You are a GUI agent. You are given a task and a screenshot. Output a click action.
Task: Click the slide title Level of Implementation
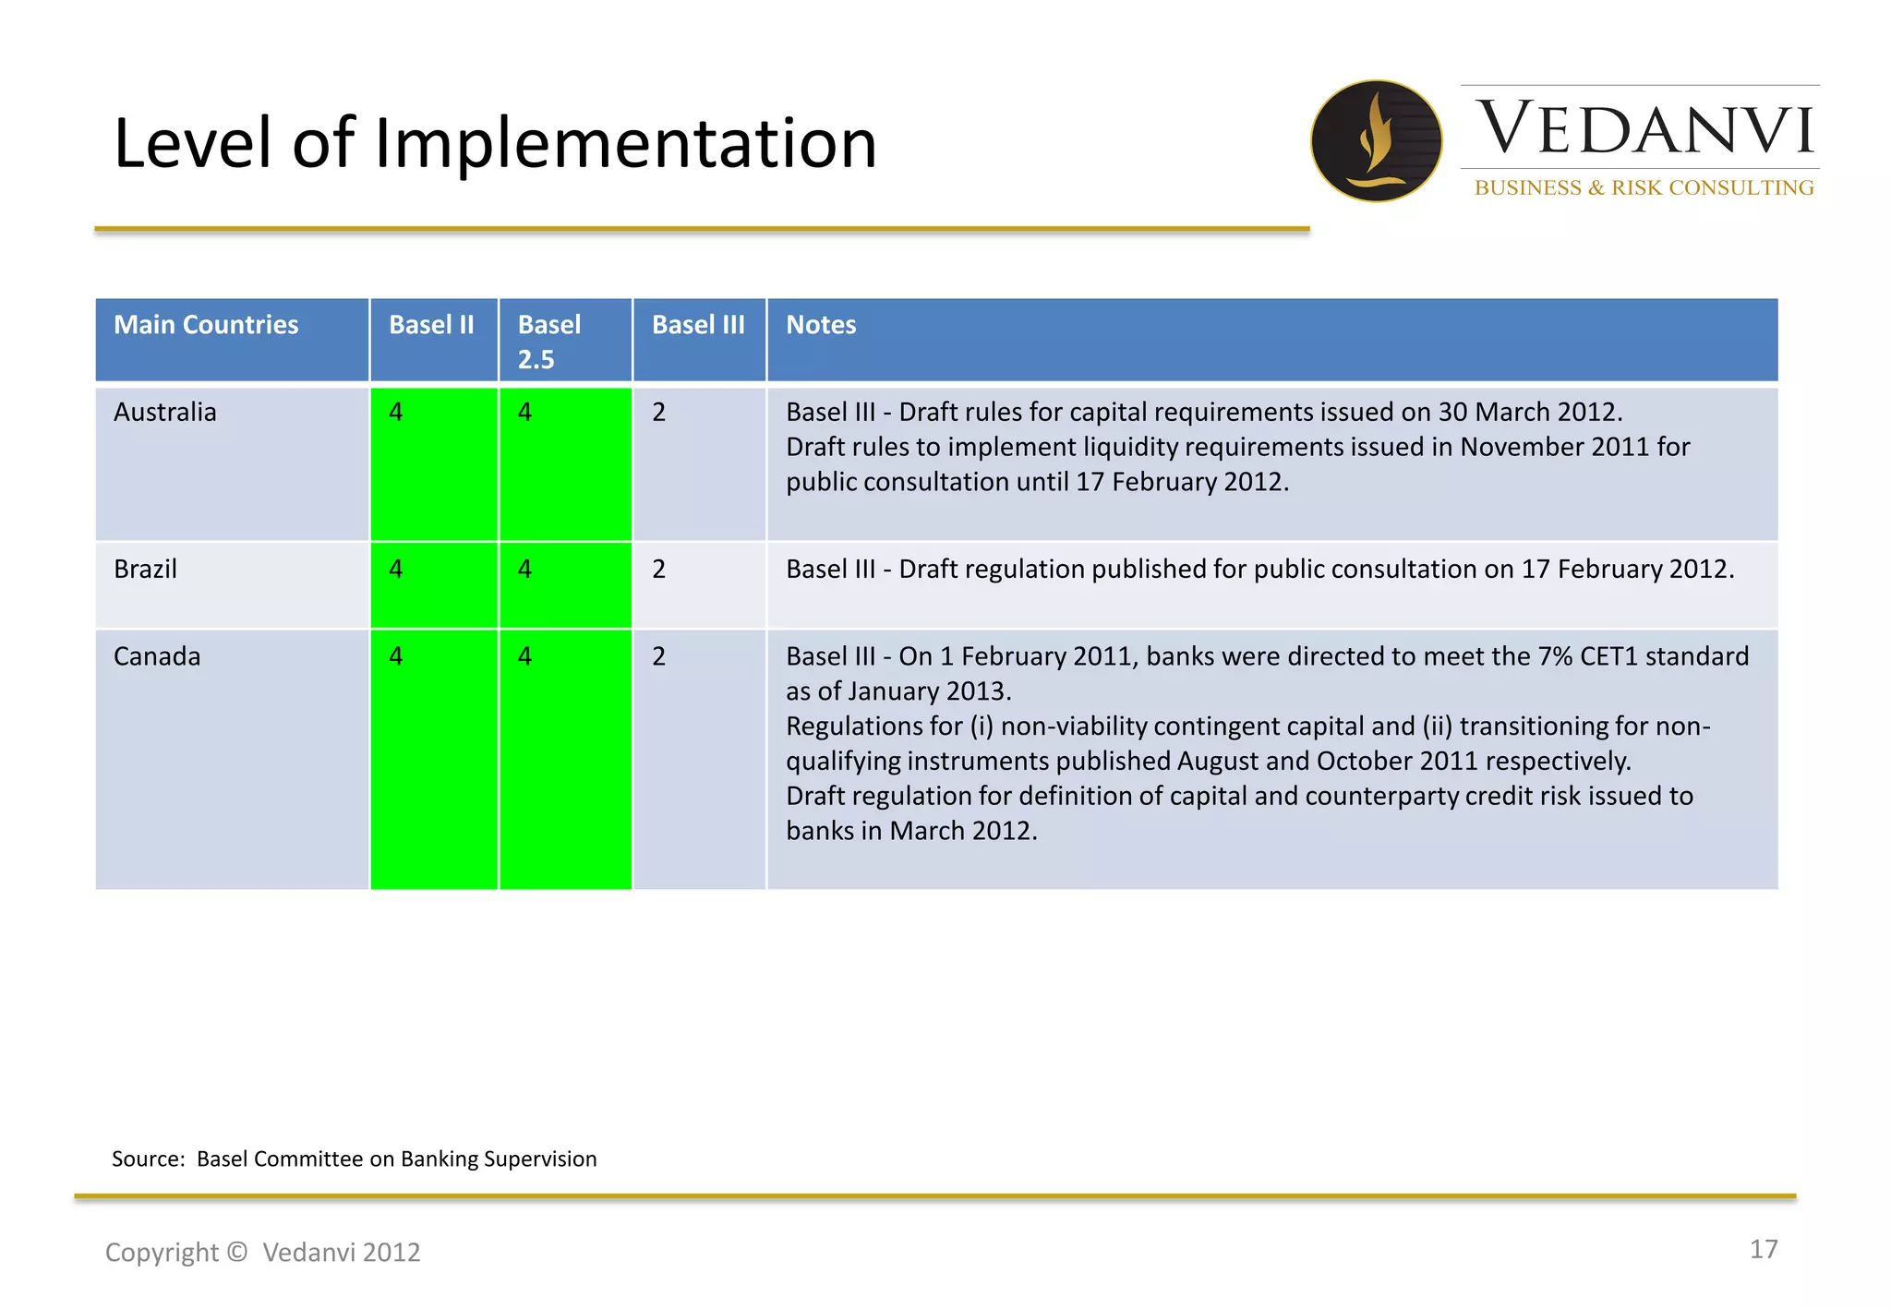pyautogui.click(x=495, y=143)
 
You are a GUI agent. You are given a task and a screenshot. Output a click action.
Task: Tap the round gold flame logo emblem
pyautogui.click(x=1376, y=141)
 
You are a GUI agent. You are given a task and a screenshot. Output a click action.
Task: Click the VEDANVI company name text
pyautogui.click(x=1644, y=129)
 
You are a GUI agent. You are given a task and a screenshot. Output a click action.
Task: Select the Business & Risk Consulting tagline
pyautogui.click(x=1644, y=187)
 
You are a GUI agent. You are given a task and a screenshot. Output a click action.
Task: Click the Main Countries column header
pyautogui.click(x=206, y=325)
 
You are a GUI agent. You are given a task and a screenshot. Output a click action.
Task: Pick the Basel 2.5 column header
pyautogui.click(x=549, y=341)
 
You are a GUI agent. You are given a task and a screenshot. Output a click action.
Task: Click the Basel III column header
pyautogui.click(x=698, y=325)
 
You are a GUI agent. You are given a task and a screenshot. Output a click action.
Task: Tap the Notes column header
pyautogui.click(x=821, y=325)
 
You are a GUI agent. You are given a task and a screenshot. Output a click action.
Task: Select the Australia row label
pyautogui.click(x=165, y=412)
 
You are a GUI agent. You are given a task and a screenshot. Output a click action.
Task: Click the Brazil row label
pyautogui.click(x=145, y=569)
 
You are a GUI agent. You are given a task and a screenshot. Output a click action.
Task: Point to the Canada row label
pyautogui.click(x=157, y=656)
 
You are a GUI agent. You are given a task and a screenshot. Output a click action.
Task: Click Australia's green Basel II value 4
pyautogui.click(x=396, y=412)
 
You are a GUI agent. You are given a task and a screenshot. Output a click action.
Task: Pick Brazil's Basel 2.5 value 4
pyautogui.click(x=524, y=569)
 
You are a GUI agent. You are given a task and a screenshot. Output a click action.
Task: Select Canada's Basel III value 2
pyautogui.click(x=658, y=656)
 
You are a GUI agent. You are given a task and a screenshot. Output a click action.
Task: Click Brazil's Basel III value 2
pyautogui.click(x=658, y=569)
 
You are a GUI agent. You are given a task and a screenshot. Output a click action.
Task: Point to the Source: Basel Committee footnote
pyautogui.click(x=355, y=1159)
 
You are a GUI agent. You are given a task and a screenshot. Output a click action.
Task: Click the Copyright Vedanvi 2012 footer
pyautogui.click(x=263, y=1252)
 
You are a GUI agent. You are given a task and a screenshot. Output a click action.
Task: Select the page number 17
pyautogui.click(x=1763, y=1249)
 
